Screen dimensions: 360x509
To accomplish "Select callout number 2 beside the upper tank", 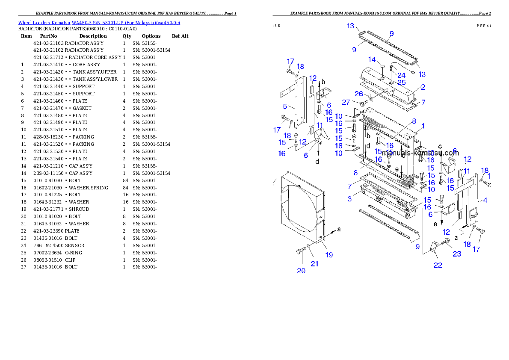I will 423,87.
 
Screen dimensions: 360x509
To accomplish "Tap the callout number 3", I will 349,199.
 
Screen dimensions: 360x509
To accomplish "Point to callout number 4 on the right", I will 485,200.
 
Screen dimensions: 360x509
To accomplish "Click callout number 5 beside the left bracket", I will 284,106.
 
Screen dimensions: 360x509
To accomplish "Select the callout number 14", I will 372,60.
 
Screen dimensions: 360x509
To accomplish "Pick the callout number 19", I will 328,255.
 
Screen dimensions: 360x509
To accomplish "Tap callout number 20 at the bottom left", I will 301,271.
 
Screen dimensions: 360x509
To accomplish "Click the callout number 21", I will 314,264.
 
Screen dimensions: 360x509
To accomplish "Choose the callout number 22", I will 438,265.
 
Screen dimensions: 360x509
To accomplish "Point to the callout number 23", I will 457,254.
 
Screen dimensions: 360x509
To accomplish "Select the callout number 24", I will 401,75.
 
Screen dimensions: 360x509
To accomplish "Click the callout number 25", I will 401,83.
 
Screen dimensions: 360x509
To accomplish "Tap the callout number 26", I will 358,94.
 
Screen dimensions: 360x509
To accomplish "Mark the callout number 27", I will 346,102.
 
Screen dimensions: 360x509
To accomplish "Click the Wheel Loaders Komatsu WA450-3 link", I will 99,23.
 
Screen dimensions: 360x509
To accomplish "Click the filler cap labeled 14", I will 383,68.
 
